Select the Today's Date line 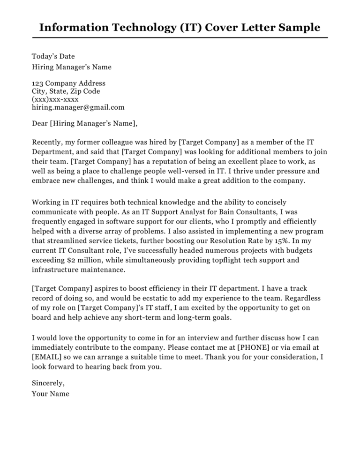click(x=53, y=57)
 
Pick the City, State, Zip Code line click(x=66, y=91)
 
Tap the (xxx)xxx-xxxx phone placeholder click(x=55, y=99)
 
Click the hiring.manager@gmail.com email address click(x=78, y=107)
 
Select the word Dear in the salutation click(x=39, y=124)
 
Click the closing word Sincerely click(x=48, y=383)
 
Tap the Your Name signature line click(x=50, y=394)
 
